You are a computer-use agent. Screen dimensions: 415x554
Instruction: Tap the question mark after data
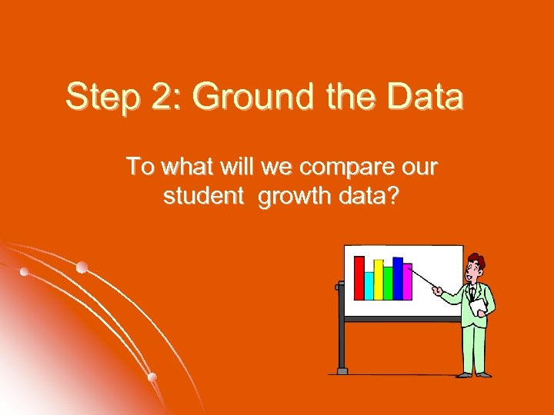392,196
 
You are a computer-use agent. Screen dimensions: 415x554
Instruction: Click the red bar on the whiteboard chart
359,277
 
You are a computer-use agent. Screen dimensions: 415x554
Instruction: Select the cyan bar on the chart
369,285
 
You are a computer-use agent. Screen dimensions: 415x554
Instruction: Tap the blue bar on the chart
398,278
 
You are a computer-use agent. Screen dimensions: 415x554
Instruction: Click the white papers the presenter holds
479,307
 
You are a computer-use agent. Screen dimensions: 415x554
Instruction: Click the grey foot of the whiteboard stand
342,370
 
